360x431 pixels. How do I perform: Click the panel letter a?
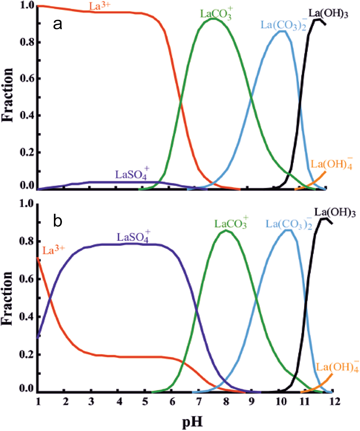58,25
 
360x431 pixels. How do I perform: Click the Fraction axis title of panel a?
7,95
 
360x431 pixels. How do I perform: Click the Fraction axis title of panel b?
7,298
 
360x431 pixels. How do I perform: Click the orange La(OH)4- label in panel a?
332,164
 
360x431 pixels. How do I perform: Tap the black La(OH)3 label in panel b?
335,213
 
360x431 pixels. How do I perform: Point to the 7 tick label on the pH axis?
199,401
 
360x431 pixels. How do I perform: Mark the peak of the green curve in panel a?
214,19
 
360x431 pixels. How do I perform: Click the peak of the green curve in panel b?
226,230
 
